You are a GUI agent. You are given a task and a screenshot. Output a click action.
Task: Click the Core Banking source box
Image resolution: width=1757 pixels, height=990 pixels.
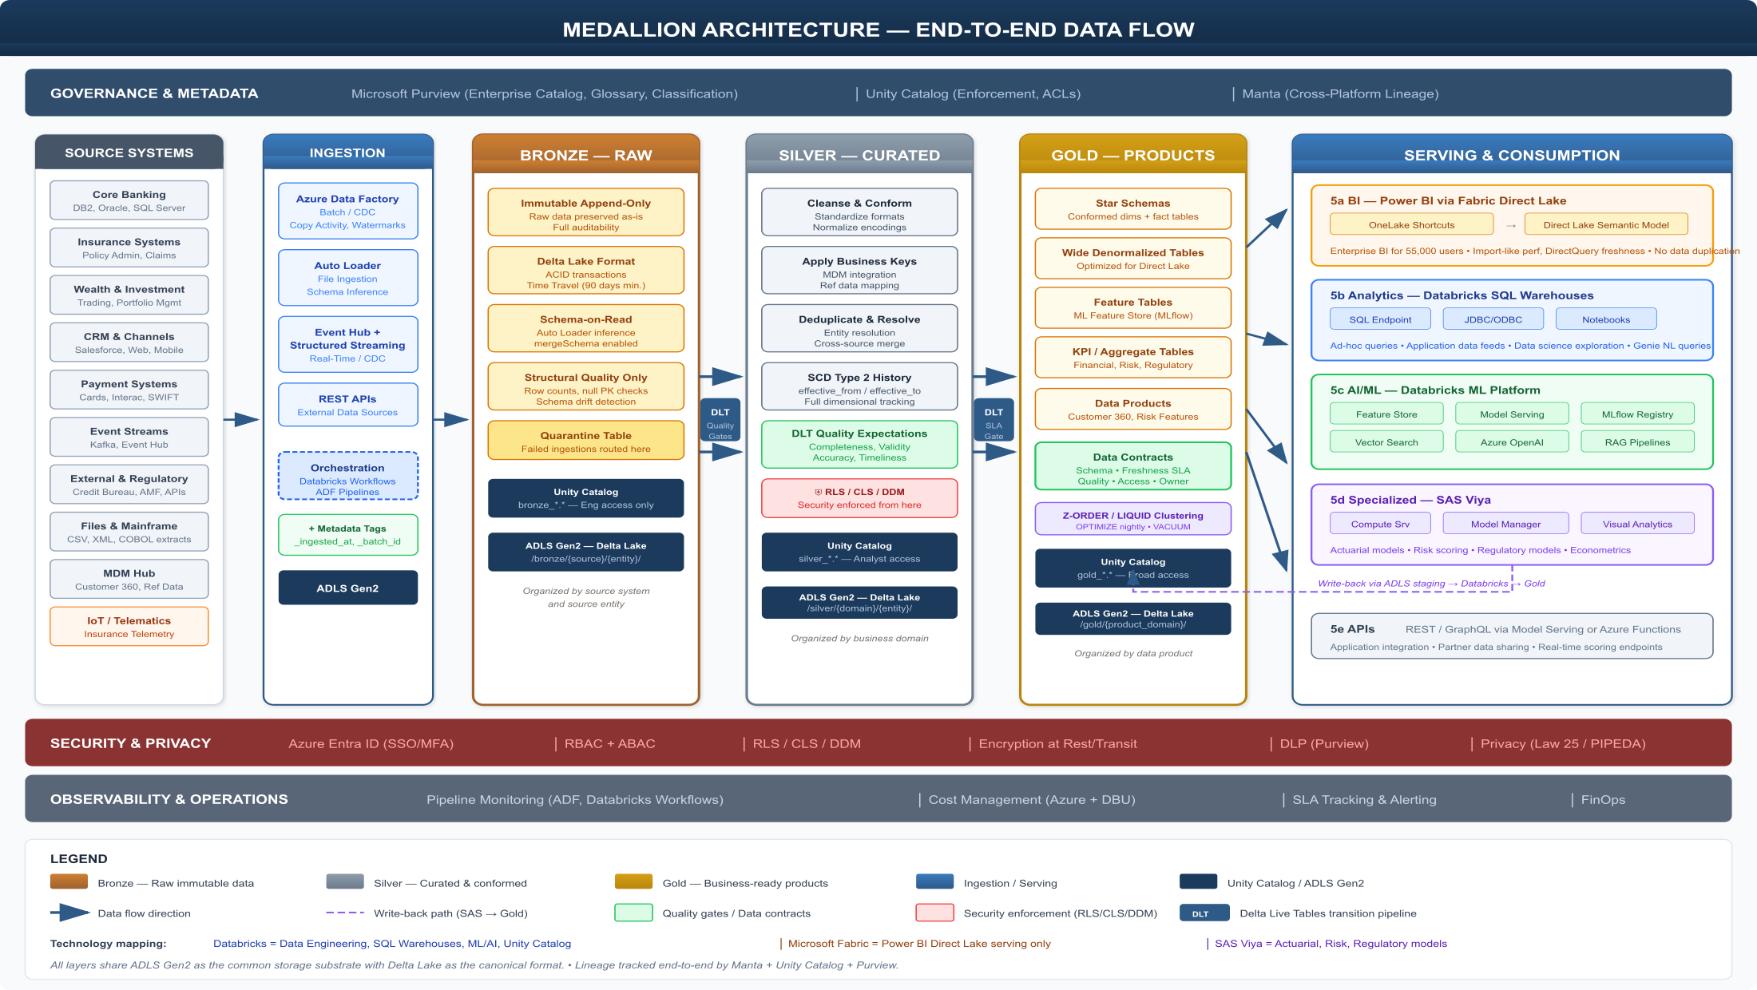(x=129, y=200)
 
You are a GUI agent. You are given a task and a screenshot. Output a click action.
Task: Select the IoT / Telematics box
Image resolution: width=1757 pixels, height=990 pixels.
(x=129, y=627)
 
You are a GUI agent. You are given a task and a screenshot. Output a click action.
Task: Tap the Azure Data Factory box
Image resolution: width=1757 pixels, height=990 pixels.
(x=347, y=212)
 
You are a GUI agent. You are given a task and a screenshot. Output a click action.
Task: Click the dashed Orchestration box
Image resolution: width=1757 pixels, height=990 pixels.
(x=347, y=477)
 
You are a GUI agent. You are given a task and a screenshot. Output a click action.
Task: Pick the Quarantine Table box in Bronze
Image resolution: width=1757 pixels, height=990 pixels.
(x=585, y=441)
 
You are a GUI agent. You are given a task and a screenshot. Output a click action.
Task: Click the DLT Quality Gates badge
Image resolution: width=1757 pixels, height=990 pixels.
(x=720, y=420)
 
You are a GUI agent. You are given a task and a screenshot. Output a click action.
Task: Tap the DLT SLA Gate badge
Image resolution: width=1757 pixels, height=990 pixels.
(x=994, y=420)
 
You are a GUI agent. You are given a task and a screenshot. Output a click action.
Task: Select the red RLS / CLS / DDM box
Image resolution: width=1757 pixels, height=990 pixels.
(x=859, y=498)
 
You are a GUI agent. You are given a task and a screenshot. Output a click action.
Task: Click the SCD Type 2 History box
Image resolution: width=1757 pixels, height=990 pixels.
(x=859, y=387)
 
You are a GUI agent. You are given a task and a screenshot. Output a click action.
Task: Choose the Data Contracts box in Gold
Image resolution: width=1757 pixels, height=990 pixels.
(x=1132, y=467)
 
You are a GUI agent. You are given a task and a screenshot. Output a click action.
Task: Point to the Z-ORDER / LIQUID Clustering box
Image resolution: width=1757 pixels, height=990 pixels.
(x=1132, y=519)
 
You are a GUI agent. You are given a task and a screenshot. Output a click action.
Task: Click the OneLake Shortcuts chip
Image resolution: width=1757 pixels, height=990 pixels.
(x=1411, y=225)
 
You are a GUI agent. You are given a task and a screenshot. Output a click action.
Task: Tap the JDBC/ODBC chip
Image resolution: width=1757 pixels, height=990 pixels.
(x=1493, y=319)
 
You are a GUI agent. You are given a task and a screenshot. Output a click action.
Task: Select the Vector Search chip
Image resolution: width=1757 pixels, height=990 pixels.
(x=1386, y=442)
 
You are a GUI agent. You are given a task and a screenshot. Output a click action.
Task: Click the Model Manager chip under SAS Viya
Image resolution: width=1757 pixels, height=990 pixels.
(x=1505, y=524)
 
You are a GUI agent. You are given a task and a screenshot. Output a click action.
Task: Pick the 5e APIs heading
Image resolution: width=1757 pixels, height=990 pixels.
(x=1352, y=629)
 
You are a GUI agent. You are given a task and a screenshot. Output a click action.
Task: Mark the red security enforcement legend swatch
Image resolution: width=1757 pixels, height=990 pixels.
(x=934, y=913)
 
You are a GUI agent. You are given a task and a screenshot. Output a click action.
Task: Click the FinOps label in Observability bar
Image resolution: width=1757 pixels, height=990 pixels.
(x=1603, y=799)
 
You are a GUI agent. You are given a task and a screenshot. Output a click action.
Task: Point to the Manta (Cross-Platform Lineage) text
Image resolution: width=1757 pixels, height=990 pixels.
(x=1340, y=94)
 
